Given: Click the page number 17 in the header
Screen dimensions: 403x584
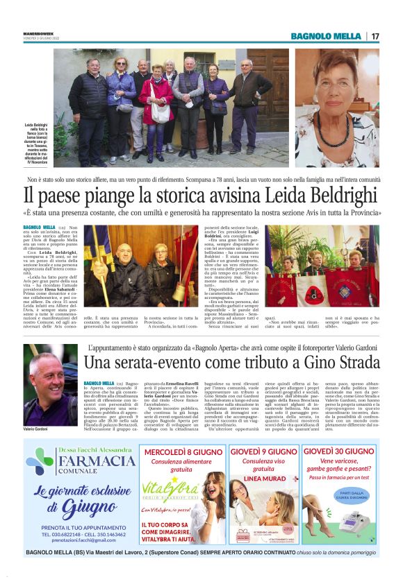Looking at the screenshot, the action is [x=375, y=35].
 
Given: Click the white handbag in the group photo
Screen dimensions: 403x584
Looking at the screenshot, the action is [x=161, y=113].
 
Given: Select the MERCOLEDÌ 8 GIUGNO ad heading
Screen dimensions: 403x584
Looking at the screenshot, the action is [x=186, y=452].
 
